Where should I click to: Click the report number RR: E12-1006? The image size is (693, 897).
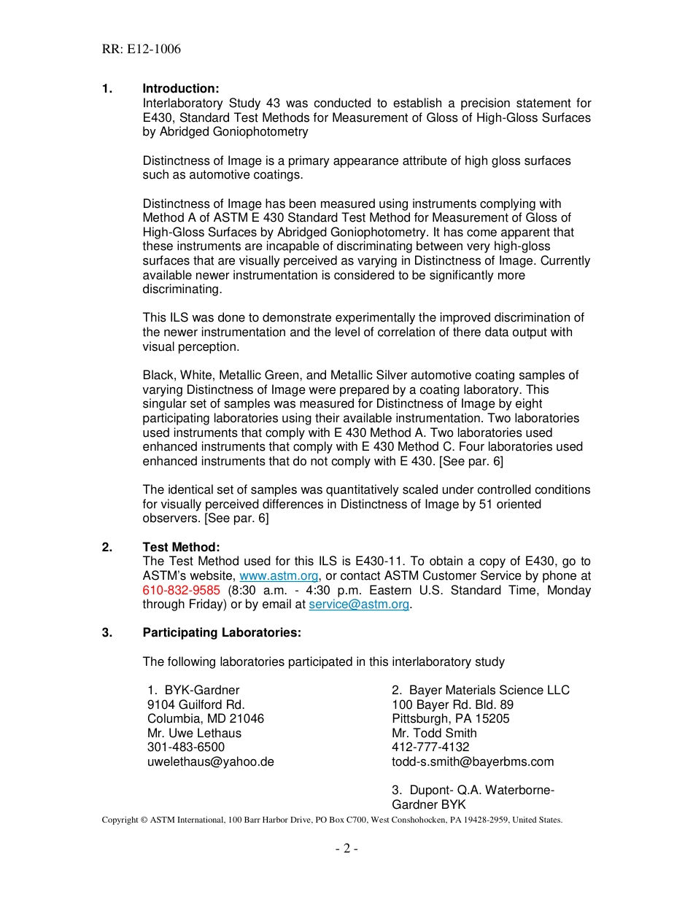141,50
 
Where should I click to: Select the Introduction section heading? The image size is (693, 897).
180,89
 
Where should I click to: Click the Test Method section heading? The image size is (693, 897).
181,547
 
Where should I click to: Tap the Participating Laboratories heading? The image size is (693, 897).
222,633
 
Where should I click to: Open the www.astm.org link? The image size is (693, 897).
279,576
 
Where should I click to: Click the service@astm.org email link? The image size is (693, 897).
359,605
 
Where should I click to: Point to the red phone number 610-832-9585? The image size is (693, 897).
181,590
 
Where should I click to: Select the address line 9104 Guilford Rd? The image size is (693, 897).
195,704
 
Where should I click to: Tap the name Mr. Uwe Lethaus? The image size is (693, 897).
194,733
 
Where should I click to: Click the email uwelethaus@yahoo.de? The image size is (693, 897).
210,761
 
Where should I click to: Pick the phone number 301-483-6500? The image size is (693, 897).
185,747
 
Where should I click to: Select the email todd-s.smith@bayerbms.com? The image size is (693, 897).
473,761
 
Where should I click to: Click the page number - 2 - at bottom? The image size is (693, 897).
346,848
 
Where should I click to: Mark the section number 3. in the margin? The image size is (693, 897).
107,633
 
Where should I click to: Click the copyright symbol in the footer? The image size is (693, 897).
144,820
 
